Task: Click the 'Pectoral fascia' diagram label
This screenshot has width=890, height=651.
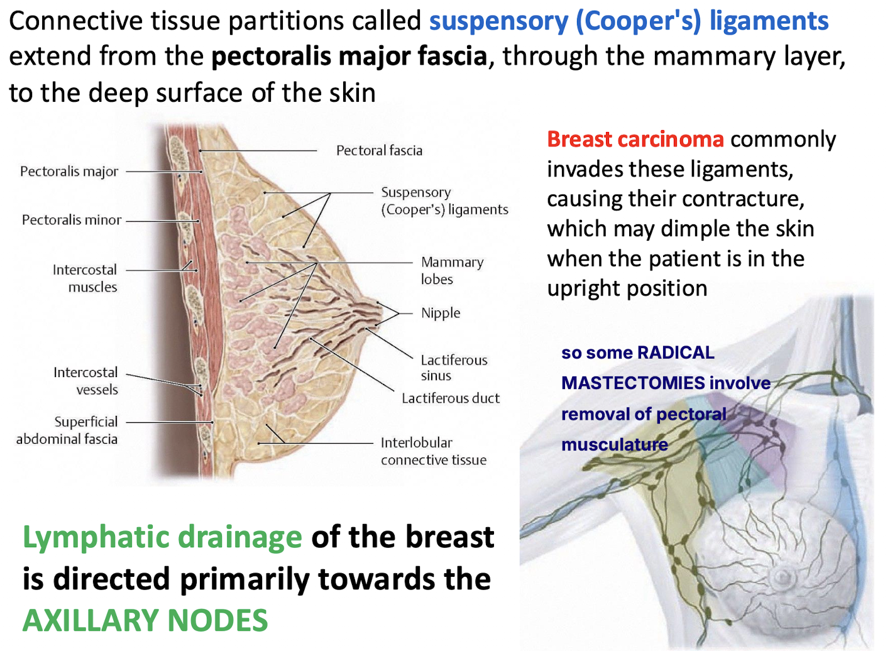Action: coord(379,151)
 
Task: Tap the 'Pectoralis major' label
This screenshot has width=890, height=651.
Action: coord(69,172)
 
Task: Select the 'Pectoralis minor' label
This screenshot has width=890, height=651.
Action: coord(72,220)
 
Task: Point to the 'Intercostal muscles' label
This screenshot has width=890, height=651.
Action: coord(85,278)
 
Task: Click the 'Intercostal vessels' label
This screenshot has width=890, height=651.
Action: coord(86,381)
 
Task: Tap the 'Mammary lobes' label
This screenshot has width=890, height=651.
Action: coord(452,270)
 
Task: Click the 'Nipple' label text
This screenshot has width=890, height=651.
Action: coord(441,313)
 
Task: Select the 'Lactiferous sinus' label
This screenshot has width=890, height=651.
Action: coord(454,368)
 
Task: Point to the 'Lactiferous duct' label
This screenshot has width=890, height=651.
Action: coord(451,398)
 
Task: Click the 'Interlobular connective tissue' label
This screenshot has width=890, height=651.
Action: coord(433,451)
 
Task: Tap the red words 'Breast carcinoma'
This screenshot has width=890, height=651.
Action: coord(635,139)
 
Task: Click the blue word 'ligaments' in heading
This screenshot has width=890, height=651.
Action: coord(769,21)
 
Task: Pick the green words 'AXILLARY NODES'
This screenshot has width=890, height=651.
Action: coord(145,620)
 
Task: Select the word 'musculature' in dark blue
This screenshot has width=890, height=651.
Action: coord(614,444)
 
